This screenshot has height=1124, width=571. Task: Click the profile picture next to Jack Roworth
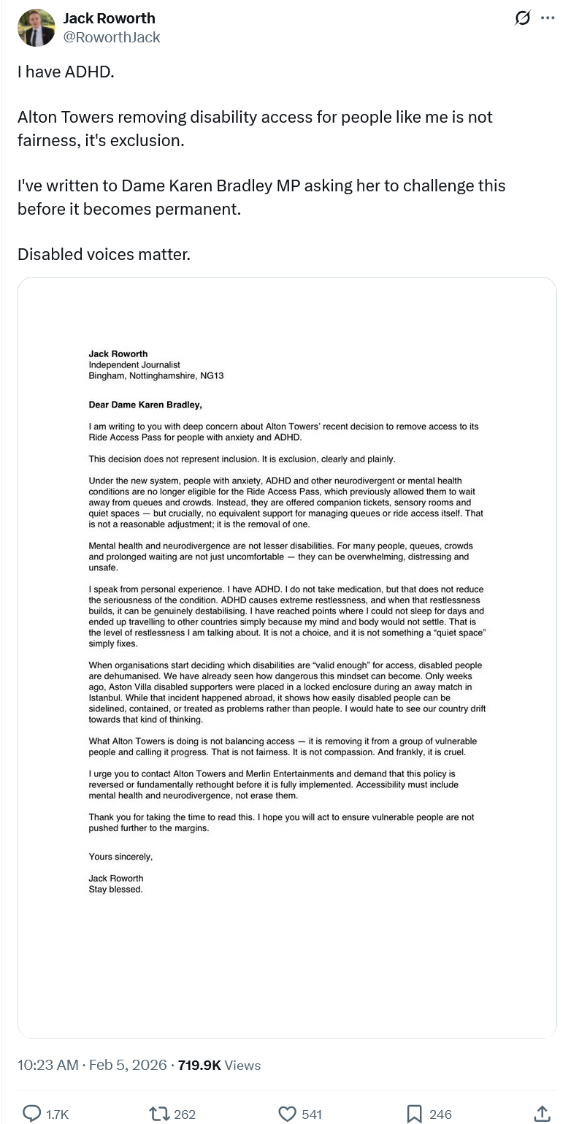[x=36, y=28]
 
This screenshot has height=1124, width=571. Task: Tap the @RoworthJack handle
[x=112, y=37]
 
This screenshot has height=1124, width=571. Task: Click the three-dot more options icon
[x=548, y=18]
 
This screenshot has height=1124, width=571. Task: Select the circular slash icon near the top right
[x=522, y=18]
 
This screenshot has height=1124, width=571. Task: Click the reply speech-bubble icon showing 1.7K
[x=31, y=1113]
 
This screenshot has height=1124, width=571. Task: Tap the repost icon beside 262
[x=158, y=1113]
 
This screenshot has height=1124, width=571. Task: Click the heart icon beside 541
[x=288, y=1113]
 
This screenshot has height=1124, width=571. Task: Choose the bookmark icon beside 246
[x=414, y=1113]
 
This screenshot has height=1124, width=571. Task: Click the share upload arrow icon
[x=542, y=1113]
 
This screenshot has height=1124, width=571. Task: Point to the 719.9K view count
[x=199, y=1065]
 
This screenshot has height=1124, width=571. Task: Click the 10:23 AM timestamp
[x=47, y=1065]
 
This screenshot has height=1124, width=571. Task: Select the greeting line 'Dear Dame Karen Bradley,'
[x=145, y=405]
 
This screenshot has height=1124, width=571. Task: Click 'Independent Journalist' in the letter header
[x=134, y=364]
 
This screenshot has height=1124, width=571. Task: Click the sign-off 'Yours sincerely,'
[x=120, y=857]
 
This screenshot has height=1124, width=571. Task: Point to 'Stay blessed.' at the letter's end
[x=115, y=890]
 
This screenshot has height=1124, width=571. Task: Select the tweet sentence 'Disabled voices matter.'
[x=104, y=254]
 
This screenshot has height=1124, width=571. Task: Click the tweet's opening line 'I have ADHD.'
[x=66, y=72]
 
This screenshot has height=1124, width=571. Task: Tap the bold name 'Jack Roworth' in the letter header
[x=118, y=353]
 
